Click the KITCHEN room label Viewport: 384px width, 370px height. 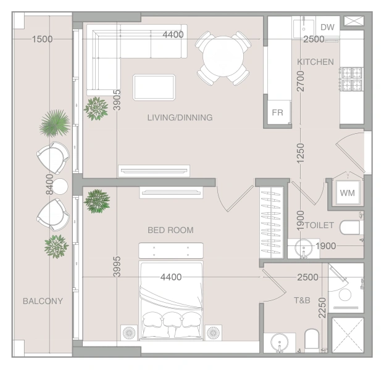315,62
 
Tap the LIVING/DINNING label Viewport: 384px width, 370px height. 180,118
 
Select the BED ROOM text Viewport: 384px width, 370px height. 170,230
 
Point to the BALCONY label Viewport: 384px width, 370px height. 43,301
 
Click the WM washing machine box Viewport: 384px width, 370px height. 347,193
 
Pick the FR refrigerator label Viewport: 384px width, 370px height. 277,112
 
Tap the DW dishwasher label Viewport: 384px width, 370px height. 327,27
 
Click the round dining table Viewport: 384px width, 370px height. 223,57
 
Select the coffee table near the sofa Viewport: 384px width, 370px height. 154,88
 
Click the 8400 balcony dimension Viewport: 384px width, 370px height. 49,184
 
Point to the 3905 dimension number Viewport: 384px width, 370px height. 117,100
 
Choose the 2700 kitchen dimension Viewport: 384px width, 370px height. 300,81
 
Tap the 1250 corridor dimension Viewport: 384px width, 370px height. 300,154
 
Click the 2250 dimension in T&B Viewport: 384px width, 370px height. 322,308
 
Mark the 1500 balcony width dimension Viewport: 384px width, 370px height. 43,39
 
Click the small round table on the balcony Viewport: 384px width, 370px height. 61,186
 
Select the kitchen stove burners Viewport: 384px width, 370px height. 351,79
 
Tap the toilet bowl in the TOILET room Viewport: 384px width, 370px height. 349,227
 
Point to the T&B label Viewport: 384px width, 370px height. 302,300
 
